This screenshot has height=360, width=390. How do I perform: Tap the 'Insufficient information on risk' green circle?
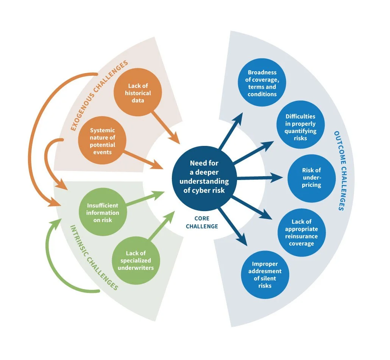[103, 213]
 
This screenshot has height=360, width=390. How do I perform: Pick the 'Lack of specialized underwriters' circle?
[136, 260]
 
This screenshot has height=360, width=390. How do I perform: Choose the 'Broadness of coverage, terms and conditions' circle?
[262, 83]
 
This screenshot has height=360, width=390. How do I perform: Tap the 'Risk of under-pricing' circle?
[311, 178]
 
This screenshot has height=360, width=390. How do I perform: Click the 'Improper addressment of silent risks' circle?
[265, 275]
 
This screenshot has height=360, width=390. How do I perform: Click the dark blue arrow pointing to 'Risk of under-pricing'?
[257, 177]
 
